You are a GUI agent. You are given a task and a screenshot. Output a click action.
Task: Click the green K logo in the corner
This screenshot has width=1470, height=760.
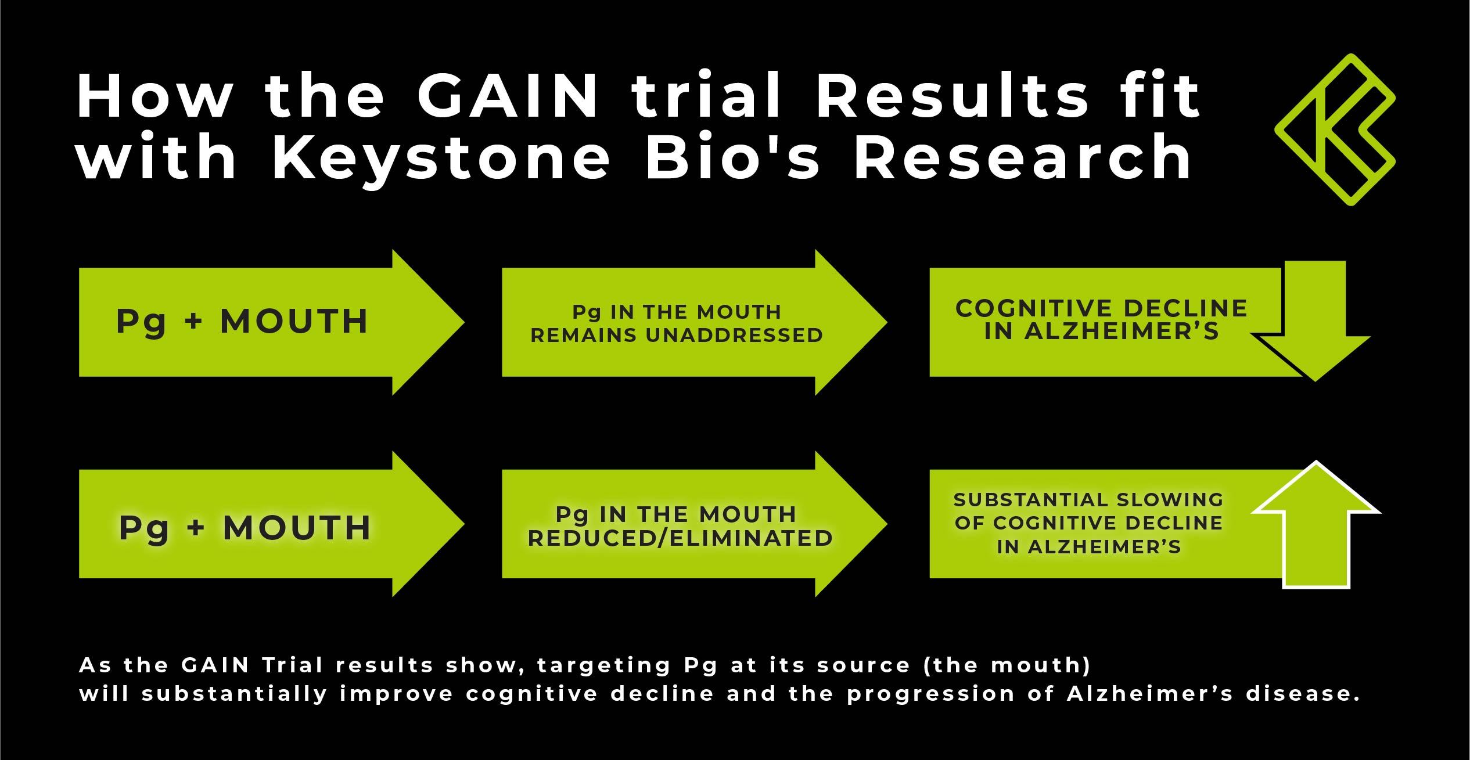1335,130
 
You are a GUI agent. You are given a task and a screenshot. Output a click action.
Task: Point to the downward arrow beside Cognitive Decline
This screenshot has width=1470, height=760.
1314,325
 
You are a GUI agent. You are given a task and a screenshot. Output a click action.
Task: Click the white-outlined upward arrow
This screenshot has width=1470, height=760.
1316,525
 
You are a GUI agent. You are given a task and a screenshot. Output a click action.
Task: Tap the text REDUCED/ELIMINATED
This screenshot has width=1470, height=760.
680,538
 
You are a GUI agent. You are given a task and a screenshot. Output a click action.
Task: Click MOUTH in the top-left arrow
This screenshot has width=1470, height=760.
294,321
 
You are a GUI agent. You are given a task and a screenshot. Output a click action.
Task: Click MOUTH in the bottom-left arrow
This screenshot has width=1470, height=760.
297,528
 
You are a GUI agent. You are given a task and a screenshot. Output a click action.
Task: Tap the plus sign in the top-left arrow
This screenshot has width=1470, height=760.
193,322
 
